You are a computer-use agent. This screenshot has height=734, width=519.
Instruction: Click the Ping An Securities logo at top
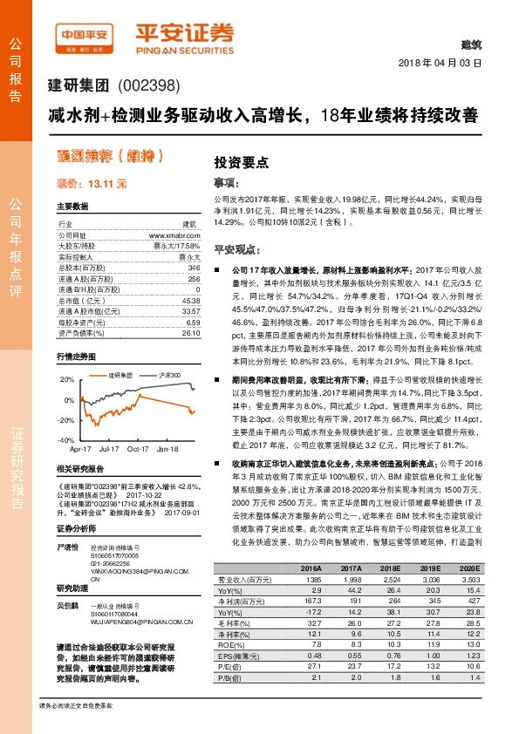184,35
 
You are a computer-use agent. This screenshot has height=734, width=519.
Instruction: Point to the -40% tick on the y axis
66,441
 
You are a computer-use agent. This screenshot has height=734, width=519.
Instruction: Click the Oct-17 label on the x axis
138,451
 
